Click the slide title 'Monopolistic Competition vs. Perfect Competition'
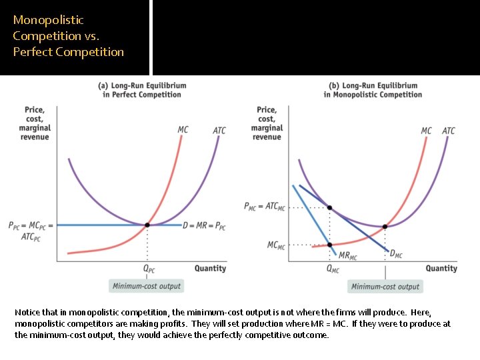[x=68, y=36]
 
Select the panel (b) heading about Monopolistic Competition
[x=373, y=90]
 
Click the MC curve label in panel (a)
[x=183, y=129]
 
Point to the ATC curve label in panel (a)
[x=219, y=131]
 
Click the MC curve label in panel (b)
[x=426, y=131]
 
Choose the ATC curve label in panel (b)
[x=449, y=131]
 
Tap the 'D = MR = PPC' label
[x=205, y=226]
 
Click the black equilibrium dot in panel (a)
[x=147, y=225]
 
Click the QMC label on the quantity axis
[x=333, y=269]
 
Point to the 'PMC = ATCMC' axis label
[x=265, y=207]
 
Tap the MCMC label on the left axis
[x=276, y=245]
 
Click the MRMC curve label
[x=348, y=255]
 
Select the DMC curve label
[x=396, y=254]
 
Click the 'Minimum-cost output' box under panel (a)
[x=147, y=286]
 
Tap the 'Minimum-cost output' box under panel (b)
[x=385, y=287]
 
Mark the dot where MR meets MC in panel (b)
[x=330, y=245]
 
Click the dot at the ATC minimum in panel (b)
[x=385, y=227]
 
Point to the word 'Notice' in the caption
[x=27, y=313]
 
